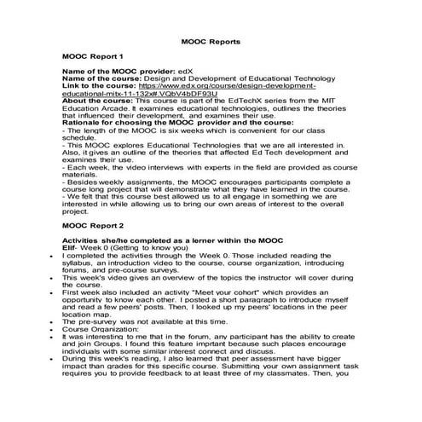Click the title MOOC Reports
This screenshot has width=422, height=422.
[x=211, y=40]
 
